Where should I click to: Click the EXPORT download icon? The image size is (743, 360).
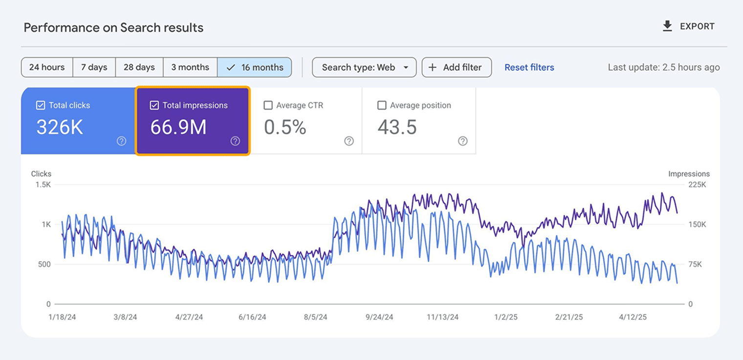(667, 26)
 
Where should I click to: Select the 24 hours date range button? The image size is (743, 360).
(47, 67)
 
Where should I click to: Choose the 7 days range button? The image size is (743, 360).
(94, 67)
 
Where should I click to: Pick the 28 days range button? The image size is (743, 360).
(139, 67)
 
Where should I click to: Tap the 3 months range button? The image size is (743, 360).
(190, 67)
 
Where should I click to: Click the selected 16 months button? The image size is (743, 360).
(255, 67)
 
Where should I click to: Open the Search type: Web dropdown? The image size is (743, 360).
(364, 67)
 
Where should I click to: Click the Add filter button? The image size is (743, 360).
(457, 67)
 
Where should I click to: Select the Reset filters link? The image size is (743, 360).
(529, 67)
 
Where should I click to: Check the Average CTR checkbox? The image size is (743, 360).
(268, 105)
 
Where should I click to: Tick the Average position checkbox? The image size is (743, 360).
(382, 105)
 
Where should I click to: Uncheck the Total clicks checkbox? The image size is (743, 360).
(41, 105)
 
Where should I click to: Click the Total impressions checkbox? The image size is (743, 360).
(154, 105)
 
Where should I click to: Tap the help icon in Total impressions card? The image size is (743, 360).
(235, 141)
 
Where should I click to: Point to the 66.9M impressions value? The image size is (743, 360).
(178, 127)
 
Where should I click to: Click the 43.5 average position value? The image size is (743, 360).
(397, 127)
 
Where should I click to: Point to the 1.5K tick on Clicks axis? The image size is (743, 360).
(43, 185)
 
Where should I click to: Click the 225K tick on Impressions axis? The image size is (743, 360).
(697, 185)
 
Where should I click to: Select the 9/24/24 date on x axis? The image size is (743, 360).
(379, 317)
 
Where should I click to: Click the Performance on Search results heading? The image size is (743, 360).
(113, 27)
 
